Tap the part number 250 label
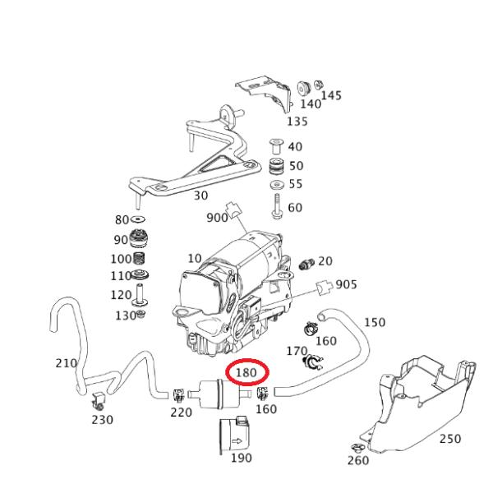pyautogui.click(x=449, y=439)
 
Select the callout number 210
pyautogui.click(x=66, y=363)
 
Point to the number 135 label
pyautogui.click(x=297, y=122)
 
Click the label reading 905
pyautogui.click(x=346, y=284)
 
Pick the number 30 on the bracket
pyautogui.click(x=200, y=196)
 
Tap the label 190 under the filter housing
pyautogui.click(x=241, y=458)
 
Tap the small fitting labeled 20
pyautogui.click(x=308, y=264)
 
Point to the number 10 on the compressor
pyautogui.click(x=194, y=258)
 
